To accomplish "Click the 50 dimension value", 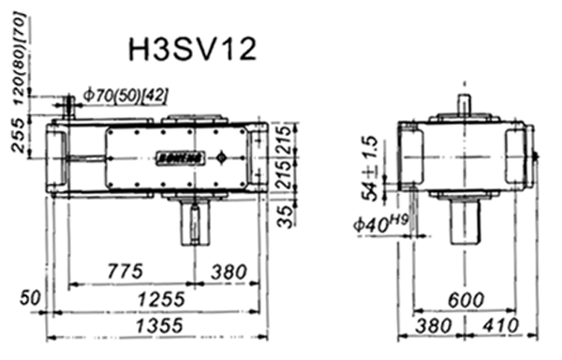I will coord(34,300).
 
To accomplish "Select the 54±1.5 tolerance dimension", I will coord(372,170).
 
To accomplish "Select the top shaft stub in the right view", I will coord(465,107).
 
